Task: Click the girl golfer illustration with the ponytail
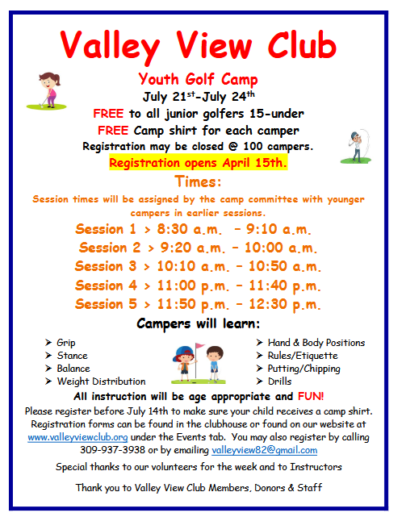point(47,90)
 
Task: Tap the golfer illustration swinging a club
point(356,147)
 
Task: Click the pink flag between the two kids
point(199,346)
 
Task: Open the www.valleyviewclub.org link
point(77,437)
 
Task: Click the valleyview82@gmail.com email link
point(265,450)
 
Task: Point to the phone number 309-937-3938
point(112,450)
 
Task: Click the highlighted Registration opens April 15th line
point(199,163)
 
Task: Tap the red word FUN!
point(311,396)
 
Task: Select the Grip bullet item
point(66,343)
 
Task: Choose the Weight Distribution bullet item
point(102,381)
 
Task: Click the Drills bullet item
point(279,381)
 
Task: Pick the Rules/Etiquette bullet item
point(303,356)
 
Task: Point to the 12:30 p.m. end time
point(284,305)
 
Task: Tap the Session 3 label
point(106,266)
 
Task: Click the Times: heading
point(198,181)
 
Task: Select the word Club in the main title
point(302,45)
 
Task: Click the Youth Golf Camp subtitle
point(199,80)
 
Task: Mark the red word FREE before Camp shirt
point(113,131)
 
